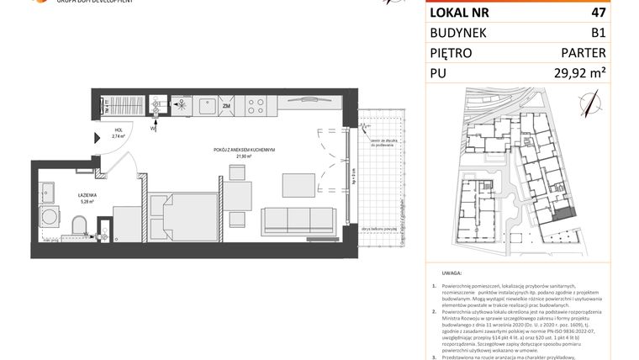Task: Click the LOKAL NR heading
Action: [x=461, y=13]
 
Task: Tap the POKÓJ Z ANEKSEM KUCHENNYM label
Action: [x=244, y=150]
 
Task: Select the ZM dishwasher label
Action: [x=225, y=106]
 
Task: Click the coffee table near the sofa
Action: [x=298, y=183]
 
